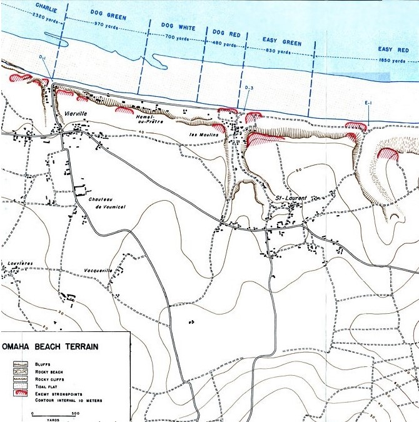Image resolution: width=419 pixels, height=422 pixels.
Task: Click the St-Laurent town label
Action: (291, 198)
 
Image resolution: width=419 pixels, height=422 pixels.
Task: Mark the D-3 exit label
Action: (249, 87)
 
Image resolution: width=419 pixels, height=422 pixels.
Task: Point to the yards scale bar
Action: (53, 415)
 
